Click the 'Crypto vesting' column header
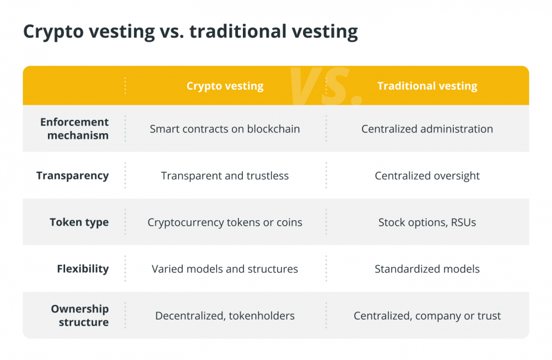coord(225,86)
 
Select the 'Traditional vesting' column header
coord(427,86)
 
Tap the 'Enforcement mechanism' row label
coord(75,129)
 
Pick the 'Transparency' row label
coord(72,176)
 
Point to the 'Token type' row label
coord(79,223)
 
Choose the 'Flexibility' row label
coord(83,269)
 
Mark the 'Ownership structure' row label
coord(80,315)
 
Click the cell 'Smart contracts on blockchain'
coord(225,129)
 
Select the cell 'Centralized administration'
coord(427,129)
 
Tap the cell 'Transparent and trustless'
coord(225,176)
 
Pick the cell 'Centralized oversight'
coord(427,176)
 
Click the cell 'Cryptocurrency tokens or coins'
coord(225,223)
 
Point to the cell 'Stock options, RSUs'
coord(427,223)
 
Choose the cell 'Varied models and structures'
coord(225,269)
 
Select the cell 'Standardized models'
coord(427,269)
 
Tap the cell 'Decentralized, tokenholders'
coord(225,316)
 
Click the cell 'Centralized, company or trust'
coord(427,316)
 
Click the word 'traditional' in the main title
coord(238,31)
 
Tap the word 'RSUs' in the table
coord(463,223)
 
